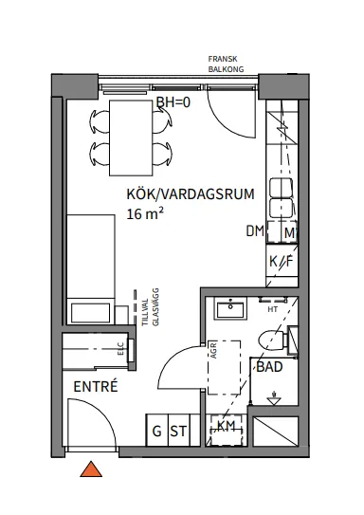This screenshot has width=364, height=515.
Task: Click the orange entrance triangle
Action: pos(91,469)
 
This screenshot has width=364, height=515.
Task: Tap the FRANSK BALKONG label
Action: pos(227,64)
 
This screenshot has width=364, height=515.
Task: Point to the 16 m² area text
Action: pos(145,214)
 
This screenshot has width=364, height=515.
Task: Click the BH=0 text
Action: pos(173,103)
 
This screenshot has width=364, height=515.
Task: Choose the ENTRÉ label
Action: pos(95,387)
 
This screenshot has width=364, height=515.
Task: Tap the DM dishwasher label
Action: pos(254,231)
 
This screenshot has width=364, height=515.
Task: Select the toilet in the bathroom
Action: pos(274,335)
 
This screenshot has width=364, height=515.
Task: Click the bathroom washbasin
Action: pos(229,308)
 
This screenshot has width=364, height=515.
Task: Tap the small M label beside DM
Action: pos(289,231)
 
